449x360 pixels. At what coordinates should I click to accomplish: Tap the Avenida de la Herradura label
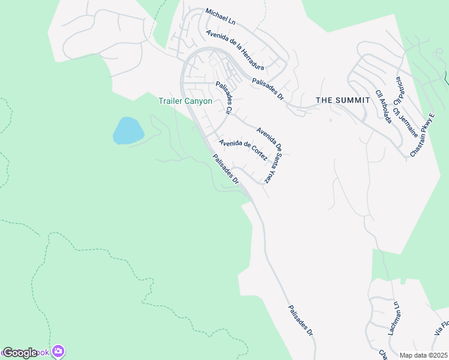coord(235,50)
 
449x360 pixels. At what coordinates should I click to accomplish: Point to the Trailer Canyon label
coord(185,101)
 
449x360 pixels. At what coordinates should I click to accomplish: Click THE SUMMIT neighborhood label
coord(343,100)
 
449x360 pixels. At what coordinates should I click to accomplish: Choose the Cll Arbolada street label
coord(384,106)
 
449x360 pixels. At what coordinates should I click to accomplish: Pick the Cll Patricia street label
coord(399,89)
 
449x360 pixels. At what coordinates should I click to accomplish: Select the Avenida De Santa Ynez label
coord(269,155)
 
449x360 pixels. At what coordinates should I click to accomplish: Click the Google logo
coord(20,353)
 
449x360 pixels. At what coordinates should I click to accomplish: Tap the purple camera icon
coord(58,351)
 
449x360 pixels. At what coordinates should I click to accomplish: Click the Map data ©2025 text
coord(423,355)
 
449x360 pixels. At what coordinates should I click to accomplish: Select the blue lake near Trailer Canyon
coord(128,130)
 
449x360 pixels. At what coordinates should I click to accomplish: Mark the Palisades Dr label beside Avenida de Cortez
coord(226,169)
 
